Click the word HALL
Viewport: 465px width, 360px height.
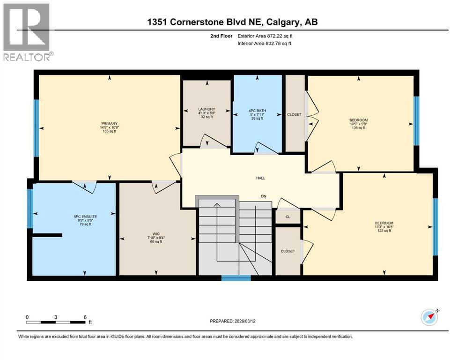[260, 178]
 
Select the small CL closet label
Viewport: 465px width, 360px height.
[288, 217]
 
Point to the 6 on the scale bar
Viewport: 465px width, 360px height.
[85, 317]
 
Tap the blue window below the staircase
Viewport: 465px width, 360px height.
[236, 278]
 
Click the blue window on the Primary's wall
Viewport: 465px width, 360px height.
[36, 128]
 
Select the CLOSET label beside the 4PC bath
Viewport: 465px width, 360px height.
[295, 114]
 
